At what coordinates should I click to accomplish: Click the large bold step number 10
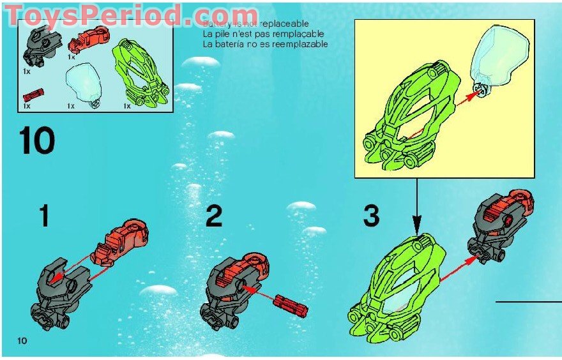(37, 141)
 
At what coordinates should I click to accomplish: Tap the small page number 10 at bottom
(22, 341)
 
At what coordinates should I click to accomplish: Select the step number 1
(43, 216)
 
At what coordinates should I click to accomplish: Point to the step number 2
(214, 217)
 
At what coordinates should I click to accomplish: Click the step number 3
(371, 217)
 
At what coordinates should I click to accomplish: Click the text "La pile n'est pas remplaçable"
(262, 34)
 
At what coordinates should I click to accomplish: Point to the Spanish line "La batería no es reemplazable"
(265, 44)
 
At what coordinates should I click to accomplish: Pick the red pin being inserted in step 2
(291, 305)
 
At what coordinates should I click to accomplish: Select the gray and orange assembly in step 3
(501, 227)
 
